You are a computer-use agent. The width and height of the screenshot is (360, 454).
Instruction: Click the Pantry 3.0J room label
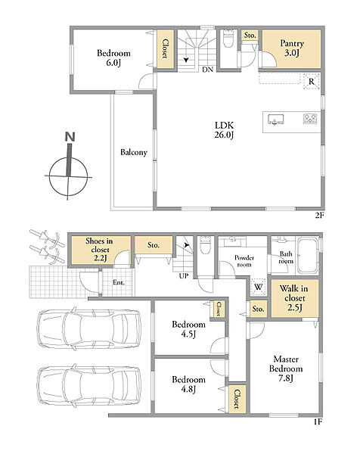[292, 48]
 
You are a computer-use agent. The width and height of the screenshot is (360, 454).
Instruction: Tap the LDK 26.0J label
[224, 130]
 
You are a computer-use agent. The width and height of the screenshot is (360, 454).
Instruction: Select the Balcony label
[134, 152]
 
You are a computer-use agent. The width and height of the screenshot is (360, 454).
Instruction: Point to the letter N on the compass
[70, 137]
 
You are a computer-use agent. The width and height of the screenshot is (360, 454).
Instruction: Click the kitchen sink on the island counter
[275, 120]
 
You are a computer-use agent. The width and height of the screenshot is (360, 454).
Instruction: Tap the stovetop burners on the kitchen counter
[310, 119]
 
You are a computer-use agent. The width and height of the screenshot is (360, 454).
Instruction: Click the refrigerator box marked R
[312, 82]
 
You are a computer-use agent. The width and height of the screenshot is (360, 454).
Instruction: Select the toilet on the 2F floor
[228, 38]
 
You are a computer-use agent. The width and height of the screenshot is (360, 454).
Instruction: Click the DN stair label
[207, 70]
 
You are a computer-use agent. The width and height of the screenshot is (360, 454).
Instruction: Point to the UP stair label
[184, 276]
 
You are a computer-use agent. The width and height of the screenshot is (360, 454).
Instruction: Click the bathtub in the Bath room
[307, 256]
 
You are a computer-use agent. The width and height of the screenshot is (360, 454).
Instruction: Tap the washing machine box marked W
[258, 287]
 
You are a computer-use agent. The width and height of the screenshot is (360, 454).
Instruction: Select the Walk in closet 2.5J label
[294, 298]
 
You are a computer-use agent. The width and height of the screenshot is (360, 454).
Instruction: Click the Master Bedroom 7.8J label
[286, 368]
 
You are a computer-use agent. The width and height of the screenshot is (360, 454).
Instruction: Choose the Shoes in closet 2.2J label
[99, 250]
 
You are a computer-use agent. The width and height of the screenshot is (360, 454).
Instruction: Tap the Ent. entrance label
[119, 282]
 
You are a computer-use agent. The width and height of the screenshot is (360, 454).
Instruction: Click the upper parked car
[89, 328]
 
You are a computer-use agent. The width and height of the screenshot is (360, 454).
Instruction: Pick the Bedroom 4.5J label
[188, 329]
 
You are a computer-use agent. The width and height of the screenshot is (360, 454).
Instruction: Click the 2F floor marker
[318, 216]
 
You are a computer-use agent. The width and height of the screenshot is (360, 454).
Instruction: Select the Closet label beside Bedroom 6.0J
[165, 48]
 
